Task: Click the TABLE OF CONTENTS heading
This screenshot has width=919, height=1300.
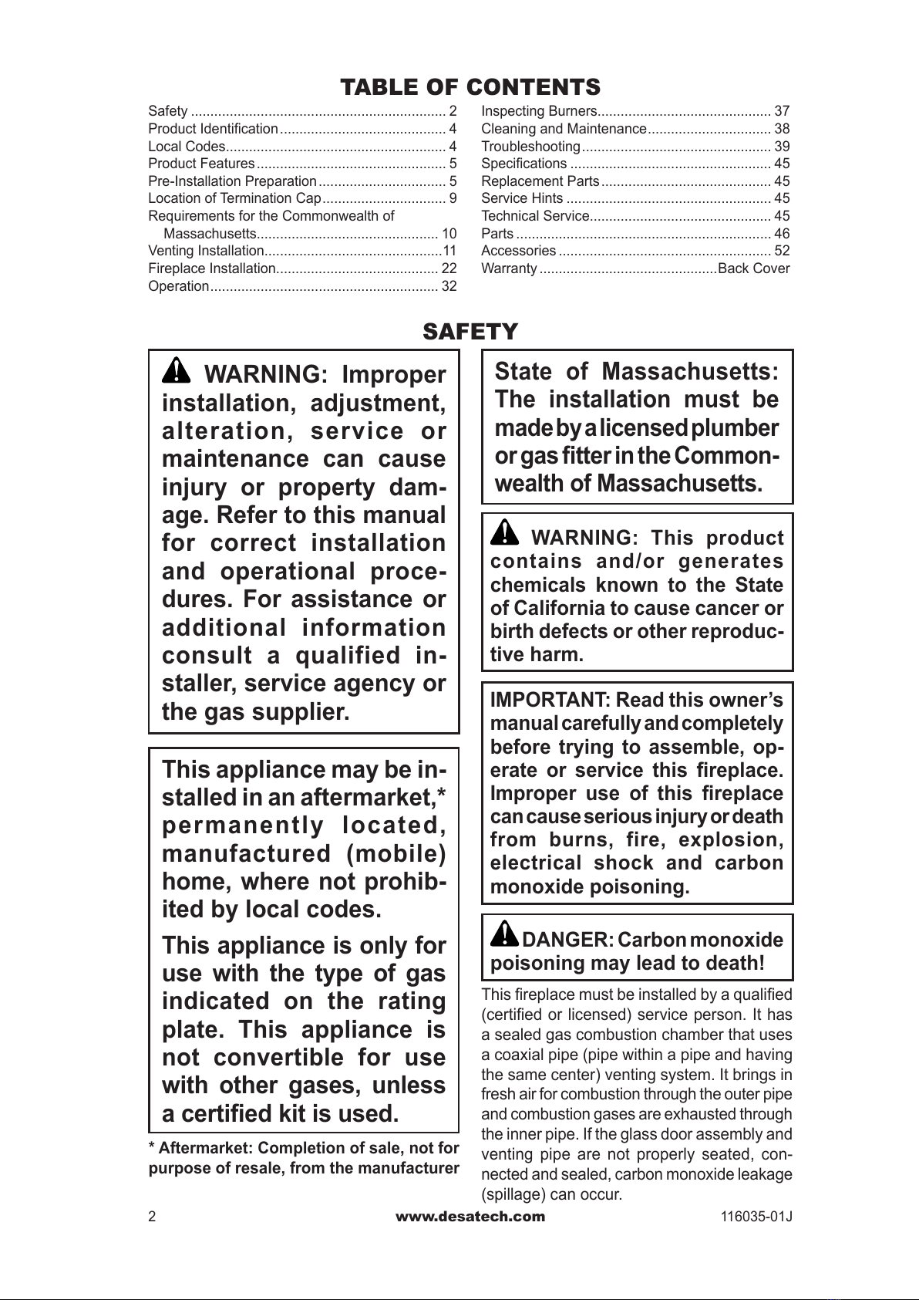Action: tap(470, 86)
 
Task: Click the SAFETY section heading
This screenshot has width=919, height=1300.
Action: tap(470, 332)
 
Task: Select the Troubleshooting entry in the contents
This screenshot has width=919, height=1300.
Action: tap(530, 147)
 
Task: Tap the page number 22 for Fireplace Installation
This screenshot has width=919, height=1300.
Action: tap(449, 268)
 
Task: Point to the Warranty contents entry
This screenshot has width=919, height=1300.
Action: tap(509, 268)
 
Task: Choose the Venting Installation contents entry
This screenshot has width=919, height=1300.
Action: tap(206, 251)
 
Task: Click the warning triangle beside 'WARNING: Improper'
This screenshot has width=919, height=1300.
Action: tap(177, 371)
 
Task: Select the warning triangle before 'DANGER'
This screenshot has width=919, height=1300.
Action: tap(505, 934)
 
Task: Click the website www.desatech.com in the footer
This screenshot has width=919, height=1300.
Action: tap(470, 1217)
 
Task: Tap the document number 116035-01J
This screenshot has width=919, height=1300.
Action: tap(756, 1217)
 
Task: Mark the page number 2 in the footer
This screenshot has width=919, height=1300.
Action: tap(153, 1217)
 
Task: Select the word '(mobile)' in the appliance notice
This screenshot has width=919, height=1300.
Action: tap(396, 854)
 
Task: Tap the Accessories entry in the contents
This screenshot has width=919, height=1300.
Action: tap(518, 251)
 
